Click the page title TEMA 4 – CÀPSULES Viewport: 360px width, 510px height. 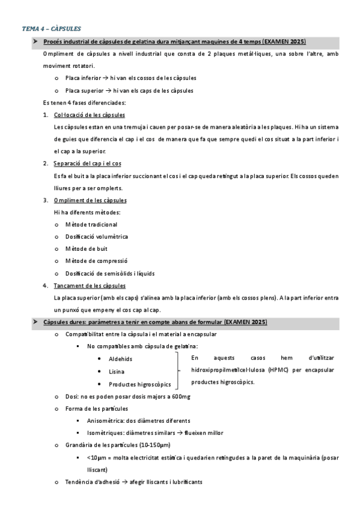click(x=51, y=28)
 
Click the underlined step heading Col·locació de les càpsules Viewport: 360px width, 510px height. click(x=89, y=115)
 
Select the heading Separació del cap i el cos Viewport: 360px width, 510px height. click(x=87, y=164)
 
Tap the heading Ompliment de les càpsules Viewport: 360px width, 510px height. click(x=90, y=200)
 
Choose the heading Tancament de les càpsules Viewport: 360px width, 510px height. click(x=89, y=286)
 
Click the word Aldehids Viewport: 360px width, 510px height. click(x=121, y=359)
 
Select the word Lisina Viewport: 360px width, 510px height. click(x=117, y=372)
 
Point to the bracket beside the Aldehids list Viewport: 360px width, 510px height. click(x=177, y=370)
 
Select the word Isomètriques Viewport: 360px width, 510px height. click(x=105, y=433)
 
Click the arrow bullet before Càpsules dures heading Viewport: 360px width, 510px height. click(x=35, y=322)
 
